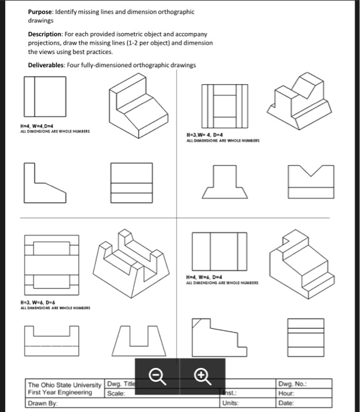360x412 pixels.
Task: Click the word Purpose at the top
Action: click(x=40, y=12)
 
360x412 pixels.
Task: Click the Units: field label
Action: click(x=231, y=403)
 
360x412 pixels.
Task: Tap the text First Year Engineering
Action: click(x=60, y=393)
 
